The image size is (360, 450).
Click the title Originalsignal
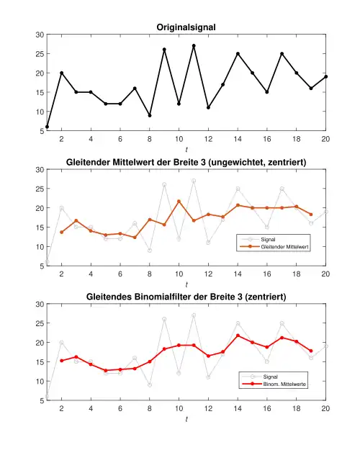click(186, 27)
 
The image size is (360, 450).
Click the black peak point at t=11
click(194, 46)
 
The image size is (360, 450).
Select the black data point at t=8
click(150, 115)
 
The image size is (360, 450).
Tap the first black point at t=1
click(47, 127)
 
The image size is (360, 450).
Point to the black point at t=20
click(326, 76)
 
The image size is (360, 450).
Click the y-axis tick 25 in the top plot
click(40, 54)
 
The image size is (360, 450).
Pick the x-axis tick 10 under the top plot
click(179, 139)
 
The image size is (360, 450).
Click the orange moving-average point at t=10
click(179, 202)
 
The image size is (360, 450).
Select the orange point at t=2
click(61, 232)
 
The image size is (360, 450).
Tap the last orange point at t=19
click(311, 215)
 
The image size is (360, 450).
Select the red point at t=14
click(238, 336)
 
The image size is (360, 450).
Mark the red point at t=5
click(106, 371)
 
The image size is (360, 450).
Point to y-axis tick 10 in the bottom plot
click(40, 382)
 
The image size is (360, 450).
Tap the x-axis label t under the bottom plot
click(186, 420)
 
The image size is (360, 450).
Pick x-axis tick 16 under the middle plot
click(267, 274)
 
